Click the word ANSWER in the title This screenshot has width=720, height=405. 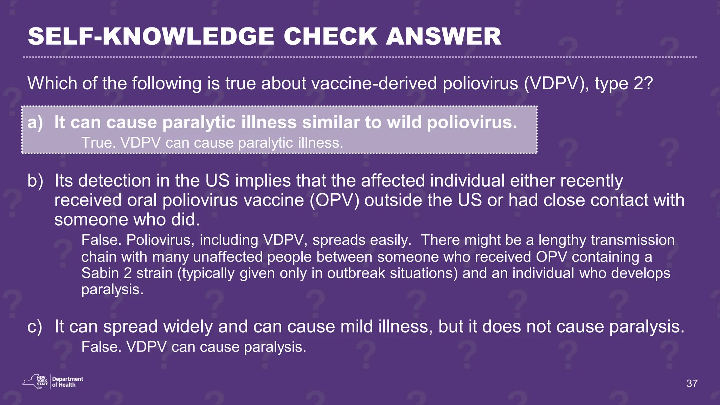443,37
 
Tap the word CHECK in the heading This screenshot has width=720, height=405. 330,37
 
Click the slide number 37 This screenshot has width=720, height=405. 692,384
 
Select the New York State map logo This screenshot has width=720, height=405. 35,381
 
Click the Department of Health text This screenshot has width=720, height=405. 67,382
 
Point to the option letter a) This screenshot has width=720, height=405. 35,122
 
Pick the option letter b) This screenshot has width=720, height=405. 35,181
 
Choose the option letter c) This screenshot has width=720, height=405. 35,327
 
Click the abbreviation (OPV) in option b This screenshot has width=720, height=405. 335,200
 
